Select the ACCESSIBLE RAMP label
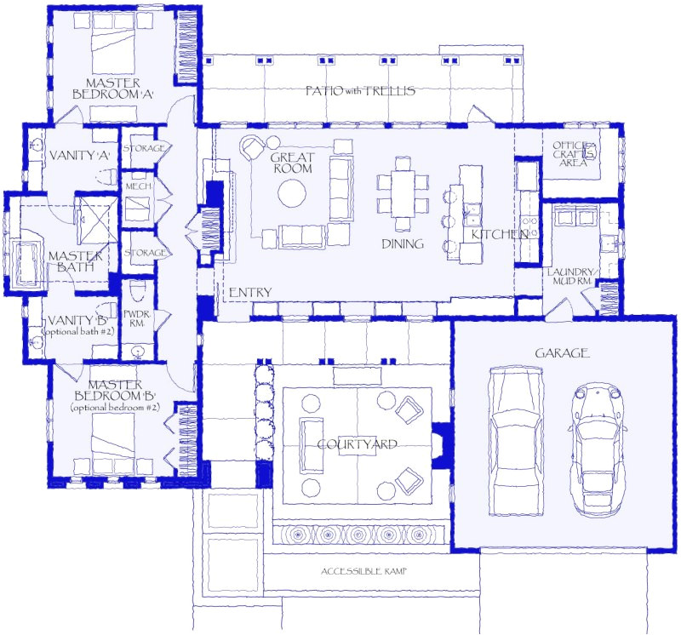tap(363, 571)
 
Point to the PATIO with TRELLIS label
tap(361, 90)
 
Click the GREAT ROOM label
tap(292, 163)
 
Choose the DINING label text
tap(403, 244)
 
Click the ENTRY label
tap(250, 293)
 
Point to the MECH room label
tap(139, 186)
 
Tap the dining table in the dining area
tap(403, 193)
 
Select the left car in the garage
tap(516, 443)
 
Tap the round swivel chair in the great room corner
tap(253, 148)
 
